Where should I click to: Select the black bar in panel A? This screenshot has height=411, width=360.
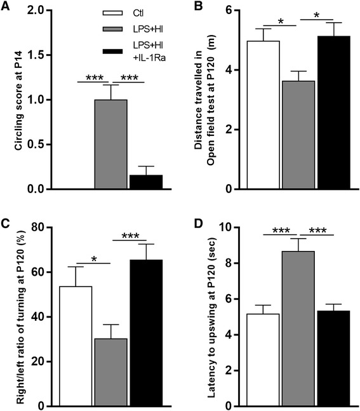pyautogui.click(x=145, y=182)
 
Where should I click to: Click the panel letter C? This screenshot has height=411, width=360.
pyautogui.click(x=6, y=222)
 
